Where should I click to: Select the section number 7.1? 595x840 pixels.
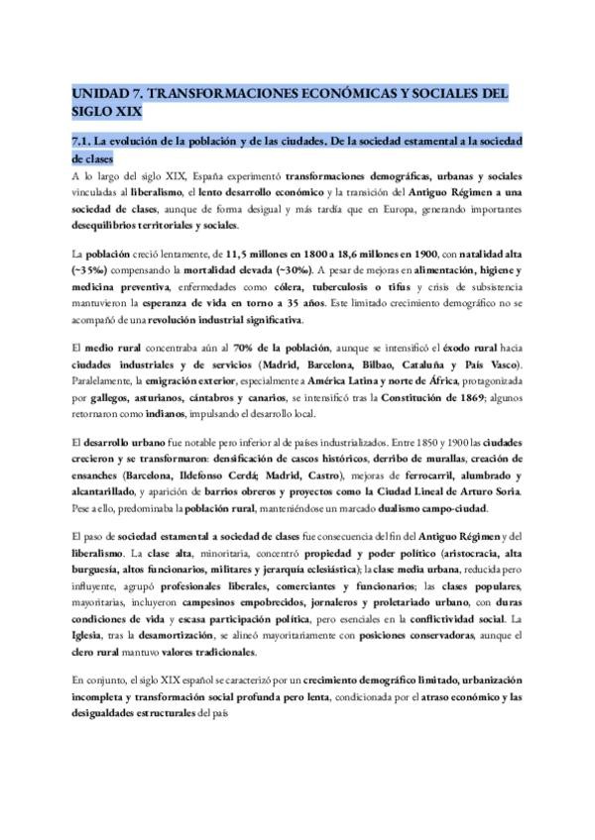(x=82, y=141)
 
